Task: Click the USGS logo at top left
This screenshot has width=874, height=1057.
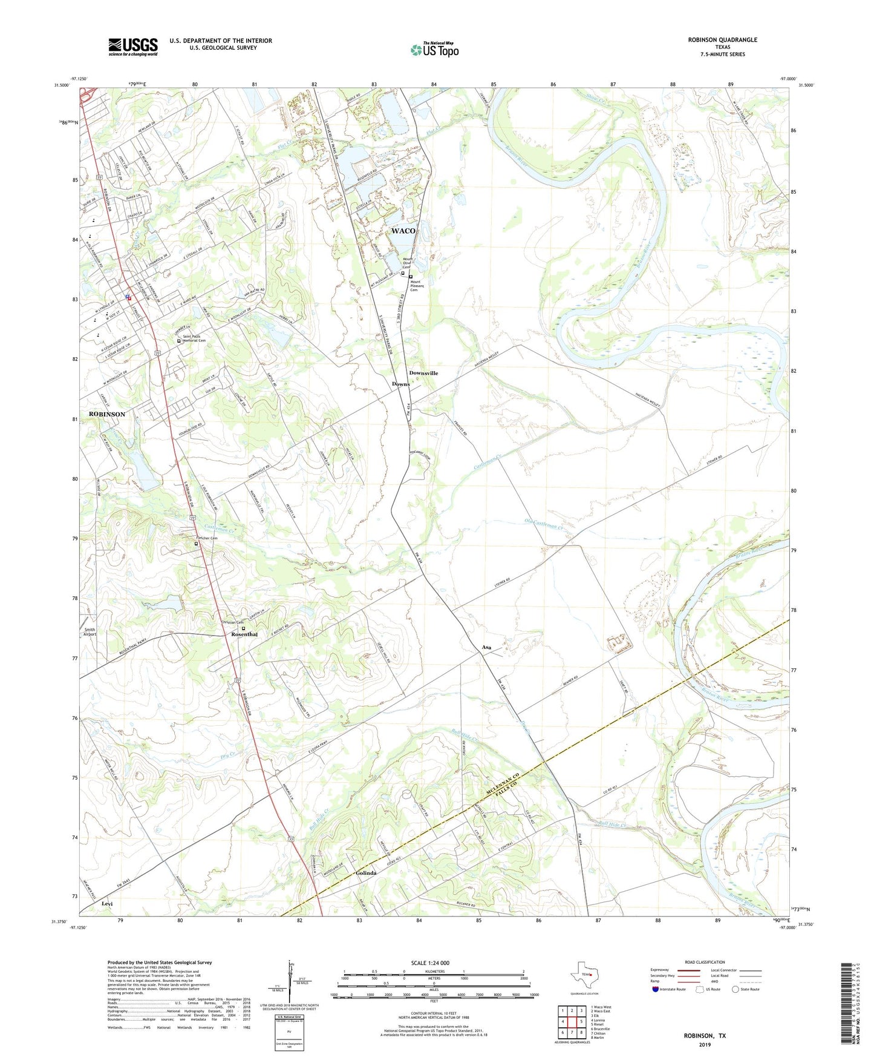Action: pos(133,47)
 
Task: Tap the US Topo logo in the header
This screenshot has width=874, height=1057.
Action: pos(434,50)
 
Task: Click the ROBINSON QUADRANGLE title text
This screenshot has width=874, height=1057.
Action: pos(722,40)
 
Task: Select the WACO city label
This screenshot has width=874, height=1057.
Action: pos(403,231)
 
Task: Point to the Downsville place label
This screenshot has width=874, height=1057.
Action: pos(423,373)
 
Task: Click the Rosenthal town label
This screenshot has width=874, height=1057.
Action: pos(244,634)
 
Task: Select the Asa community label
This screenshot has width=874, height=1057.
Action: pos(486,647)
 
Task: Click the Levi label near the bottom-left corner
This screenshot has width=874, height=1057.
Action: pos(107,903)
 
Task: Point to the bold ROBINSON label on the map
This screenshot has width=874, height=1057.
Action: pos(107,414)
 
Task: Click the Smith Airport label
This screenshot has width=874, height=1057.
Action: pos(90,632)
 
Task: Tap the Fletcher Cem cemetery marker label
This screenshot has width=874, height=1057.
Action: pos(206,538)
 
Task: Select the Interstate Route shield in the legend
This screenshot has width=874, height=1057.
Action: pos(656,989)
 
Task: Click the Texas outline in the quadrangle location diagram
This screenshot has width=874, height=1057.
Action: pos(582,975)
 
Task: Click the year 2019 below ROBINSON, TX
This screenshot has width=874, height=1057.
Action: pos(705,1044)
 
